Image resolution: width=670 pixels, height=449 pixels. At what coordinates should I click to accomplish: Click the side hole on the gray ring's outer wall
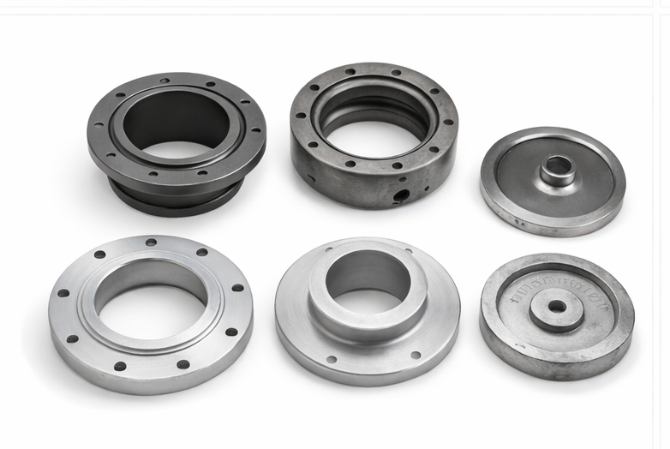pyautogui.click(x=400, y=196)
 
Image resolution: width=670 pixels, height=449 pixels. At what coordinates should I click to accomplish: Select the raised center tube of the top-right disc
pyautogui.click(x=558, y=171)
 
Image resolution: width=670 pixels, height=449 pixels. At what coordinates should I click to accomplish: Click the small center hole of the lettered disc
pyautogui.click(x=557, y=307)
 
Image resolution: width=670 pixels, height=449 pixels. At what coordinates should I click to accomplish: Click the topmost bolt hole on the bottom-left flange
pyautogui.click(x=151, y=242)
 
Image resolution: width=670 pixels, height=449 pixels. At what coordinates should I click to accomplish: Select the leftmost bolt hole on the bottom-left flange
pyautogui.click(x=63, y=293)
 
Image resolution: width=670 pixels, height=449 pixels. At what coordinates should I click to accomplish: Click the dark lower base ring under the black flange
pyautogui.click(x=176, y=199)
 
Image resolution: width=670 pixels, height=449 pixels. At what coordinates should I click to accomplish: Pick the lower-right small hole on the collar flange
pyautogui.click(x=415, y=355)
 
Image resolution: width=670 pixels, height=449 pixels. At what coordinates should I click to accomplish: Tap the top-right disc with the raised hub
pyautogui.click(x=553, y=181)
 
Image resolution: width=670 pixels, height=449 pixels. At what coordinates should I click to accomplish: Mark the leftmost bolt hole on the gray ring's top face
pyautogui.click(x=301, y=112)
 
